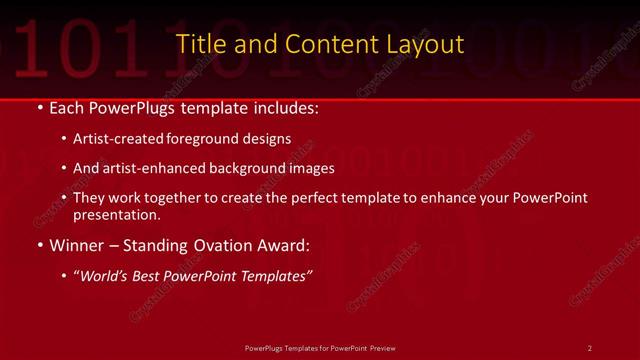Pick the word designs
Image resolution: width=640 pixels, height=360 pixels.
tap(263, 139)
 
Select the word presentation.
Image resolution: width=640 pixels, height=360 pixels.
tap(116, 214)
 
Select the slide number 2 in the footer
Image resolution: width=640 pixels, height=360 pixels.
tap(590, 347)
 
